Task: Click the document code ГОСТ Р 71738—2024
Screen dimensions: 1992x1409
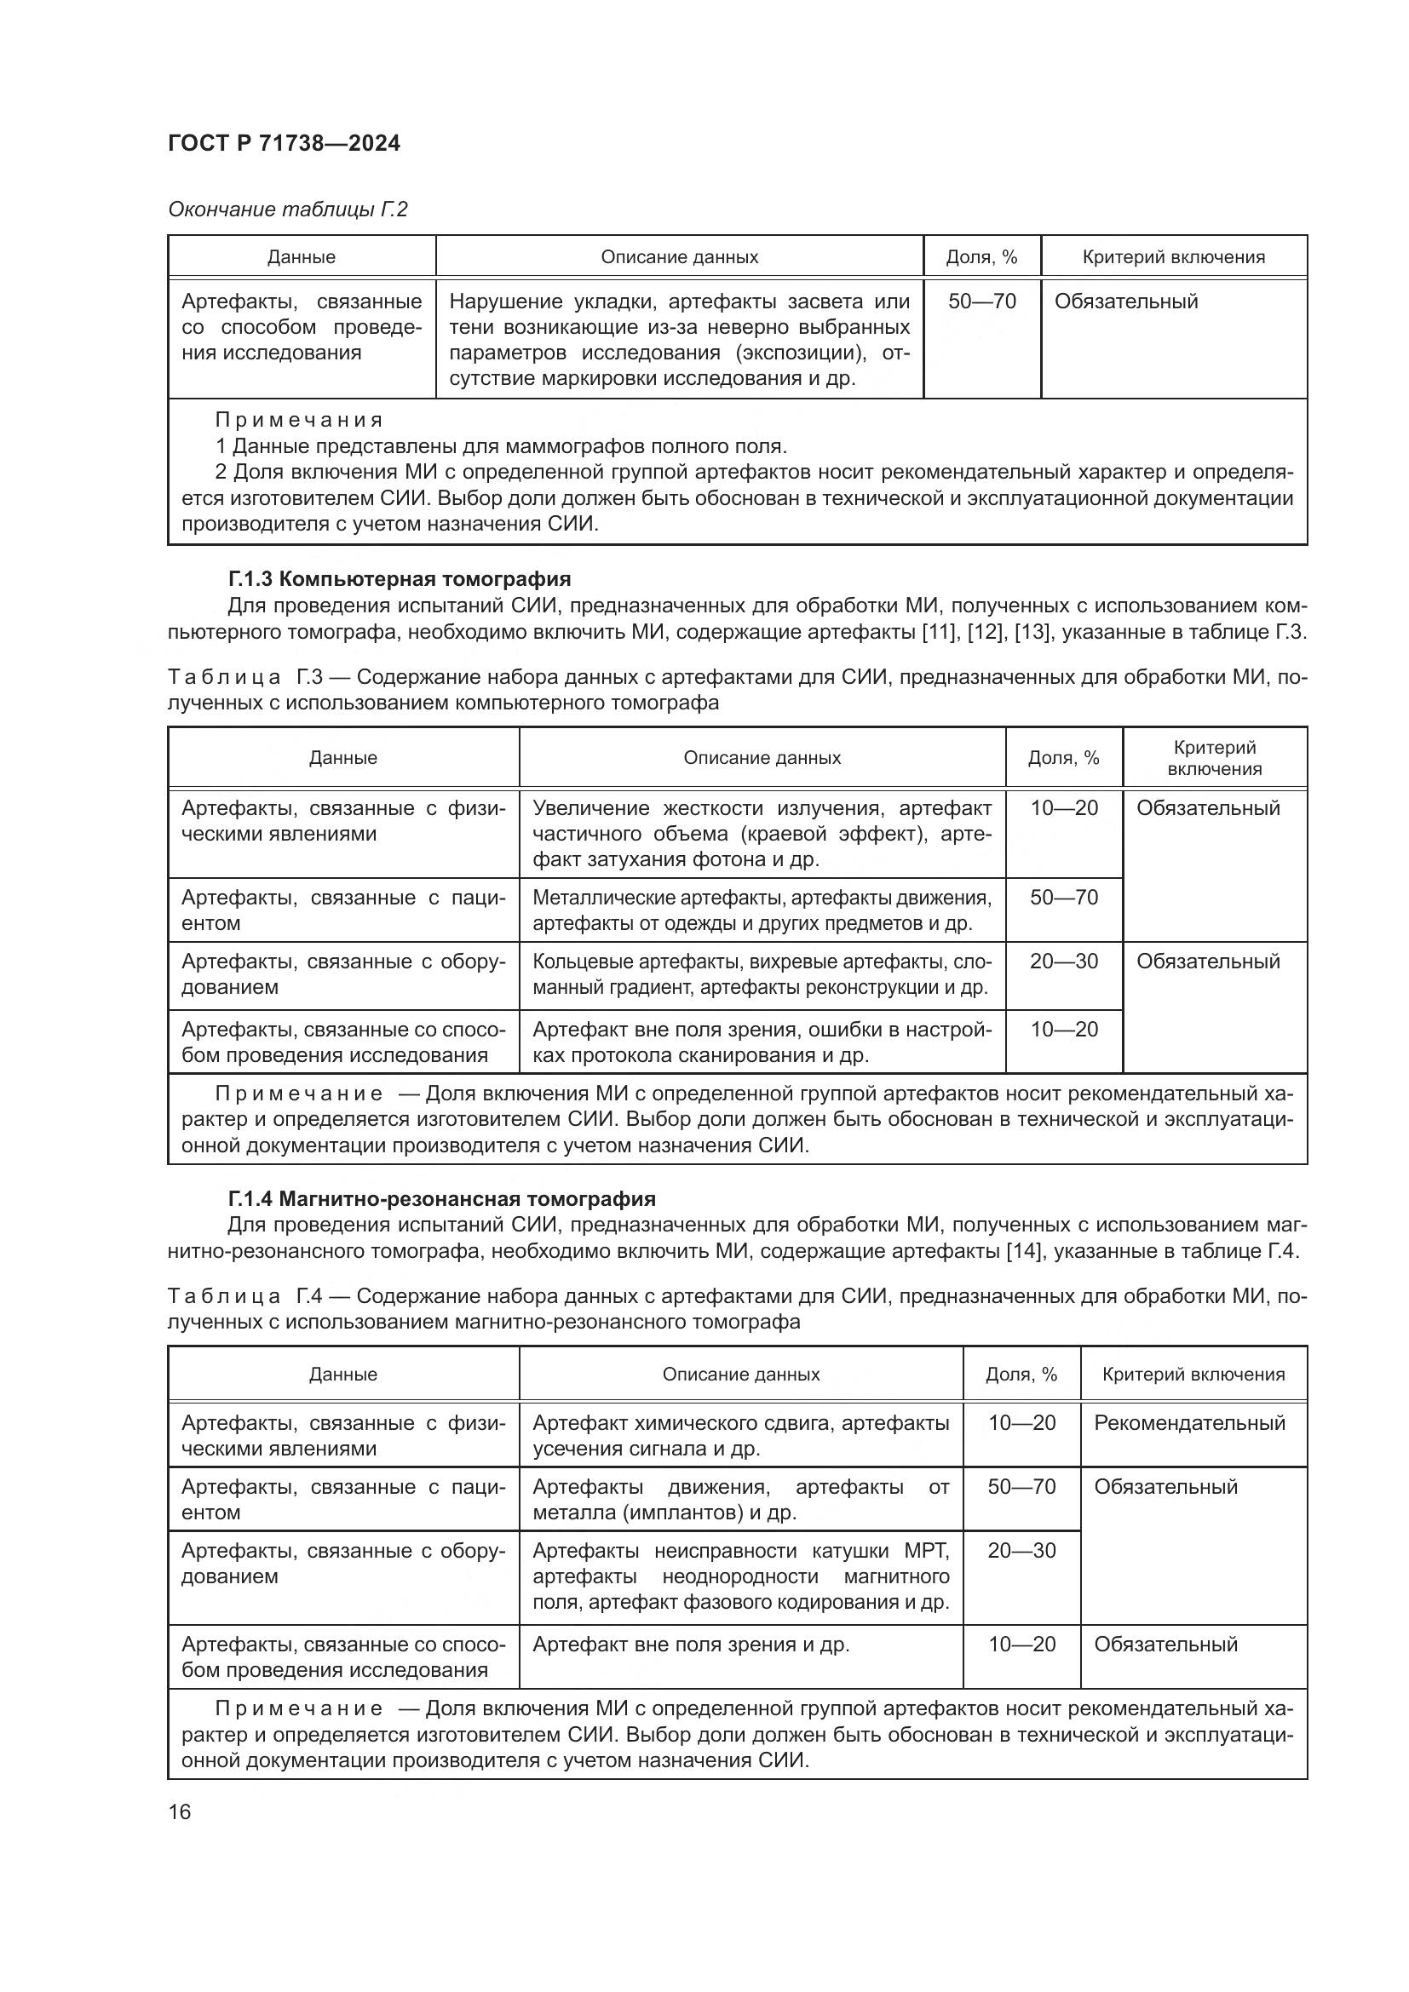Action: [284, 143]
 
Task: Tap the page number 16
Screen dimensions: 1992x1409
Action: [180, 1811]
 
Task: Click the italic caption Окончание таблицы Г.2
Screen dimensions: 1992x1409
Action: [287, 210]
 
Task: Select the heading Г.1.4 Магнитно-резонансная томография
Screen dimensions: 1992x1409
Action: [441, 1199]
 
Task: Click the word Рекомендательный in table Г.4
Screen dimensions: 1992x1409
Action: [1188, 1423]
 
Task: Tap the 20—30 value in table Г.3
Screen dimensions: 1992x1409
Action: [1063, 962]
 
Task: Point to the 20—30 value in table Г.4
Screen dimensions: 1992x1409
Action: [1021, 1550]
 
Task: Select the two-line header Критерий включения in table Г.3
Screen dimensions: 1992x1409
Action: [1214, 757]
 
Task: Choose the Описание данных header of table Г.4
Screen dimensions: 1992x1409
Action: [740, 1375]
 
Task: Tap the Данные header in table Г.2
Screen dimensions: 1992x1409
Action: [301, 257]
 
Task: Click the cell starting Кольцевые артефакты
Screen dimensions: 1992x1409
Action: [761, 974]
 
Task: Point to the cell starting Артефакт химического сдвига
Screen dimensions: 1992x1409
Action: [740, 1435]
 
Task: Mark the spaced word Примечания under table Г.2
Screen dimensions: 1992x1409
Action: [299, 420]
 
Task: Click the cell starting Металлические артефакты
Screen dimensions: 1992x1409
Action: [761, 910]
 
